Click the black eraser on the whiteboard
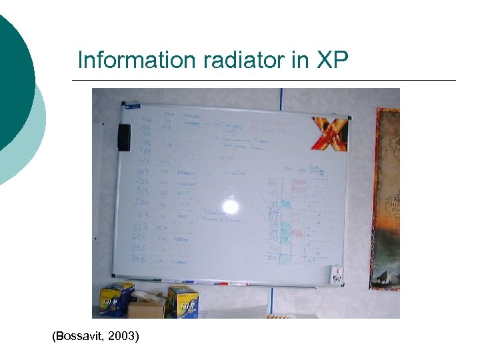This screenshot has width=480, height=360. [x=124, y=137]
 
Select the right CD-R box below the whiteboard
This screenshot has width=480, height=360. [x=183, y=301]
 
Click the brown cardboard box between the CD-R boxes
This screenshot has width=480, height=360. [x=147, y=307]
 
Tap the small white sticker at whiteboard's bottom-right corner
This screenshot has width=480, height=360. [x=337, y=273]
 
